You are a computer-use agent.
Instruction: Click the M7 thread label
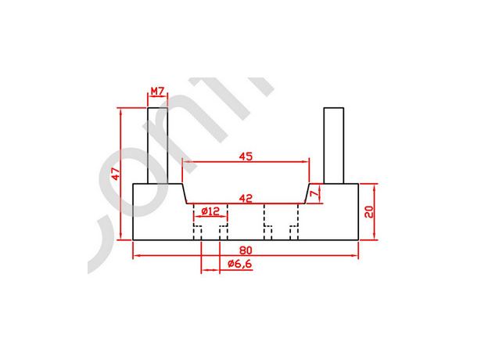click(x=157, y=92)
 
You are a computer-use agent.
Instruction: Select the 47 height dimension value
click(x=114, y=174)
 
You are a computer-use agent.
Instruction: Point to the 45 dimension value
click(x=246, y=157)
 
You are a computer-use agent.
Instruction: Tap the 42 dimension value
click(x=246, y=199)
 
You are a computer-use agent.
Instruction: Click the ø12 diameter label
click(x=210, y=211)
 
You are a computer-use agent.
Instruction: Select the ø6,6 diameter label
click(x=239, y=265)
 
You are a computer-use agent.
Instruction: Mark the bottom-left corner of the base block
click(x=134, y=239)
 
